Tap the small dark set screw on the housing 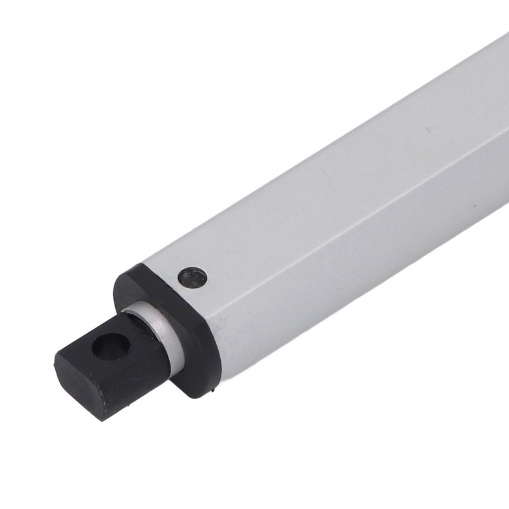pyautogui.click(x=192, y=277)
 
